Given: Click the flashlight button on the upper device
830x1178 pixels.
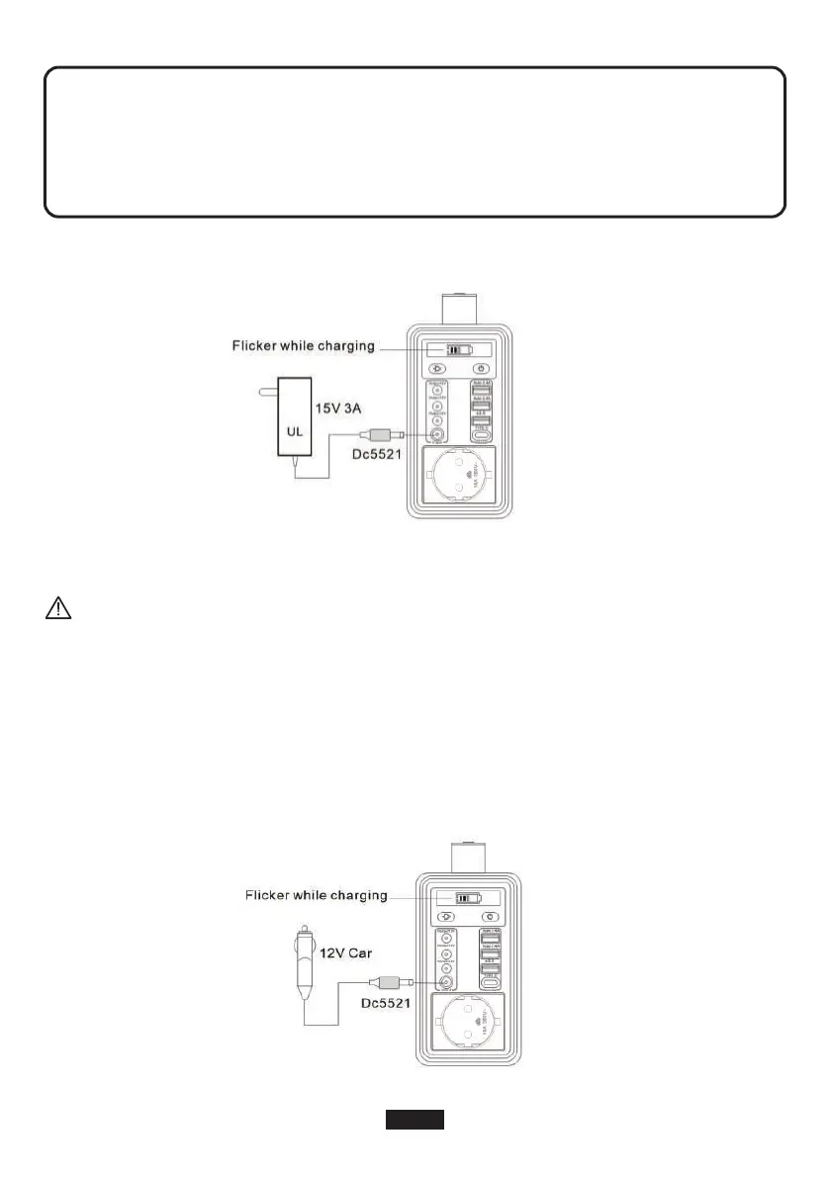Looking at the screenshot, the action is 435,369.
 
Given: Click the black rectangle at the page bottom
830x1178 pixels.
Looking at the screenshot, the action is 415,1119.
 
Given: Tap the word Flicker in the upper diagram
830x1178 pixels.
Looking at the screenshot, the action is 254,346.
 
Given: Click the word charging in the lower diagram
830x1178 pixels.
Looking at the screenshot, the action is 358,895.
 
